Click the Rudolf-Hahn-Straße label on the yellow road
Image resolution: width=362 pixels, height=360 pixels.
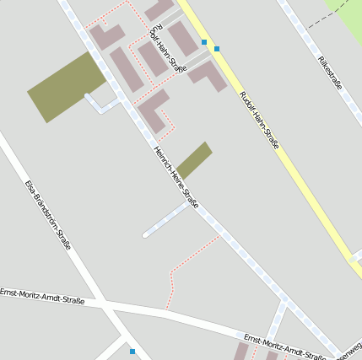(259, 124)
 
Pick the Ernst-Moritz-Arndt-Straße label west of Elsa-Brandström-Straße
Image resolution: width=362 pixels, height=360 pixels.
(42, 296)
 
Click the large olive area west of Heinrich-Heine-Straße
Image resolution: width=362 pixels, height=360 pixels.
(67, 85)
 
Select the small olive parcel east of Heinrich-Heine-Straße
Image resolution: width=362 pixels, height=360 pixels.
(194, 159)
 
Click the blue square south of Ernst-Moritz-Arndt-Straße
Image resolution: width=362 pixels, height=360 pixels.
(132, 351)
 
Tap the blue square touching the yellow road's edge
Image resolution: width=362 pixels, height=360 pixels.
(217, 49)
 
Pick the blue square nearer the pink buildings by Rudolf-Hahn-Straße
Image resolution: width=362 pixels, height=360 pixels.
(204, 41)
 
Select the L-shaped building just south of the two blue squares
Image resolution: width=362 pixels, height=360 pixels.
(208, 76)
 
